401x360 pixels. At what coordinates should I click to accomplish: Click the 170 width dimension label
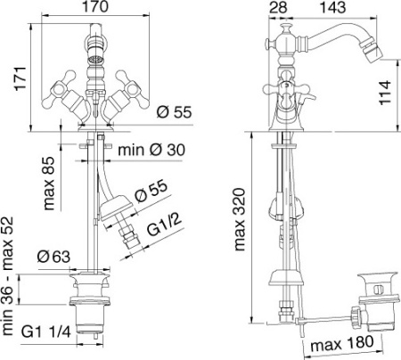pyautogui.click(x=95, y=6)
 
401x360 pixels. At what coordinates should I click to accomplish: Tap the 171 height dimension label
pyautogui.click(x=21, y=78)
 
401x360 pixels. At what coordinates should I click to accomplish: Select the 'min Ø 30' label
pyautogui.click(x=151, y=150)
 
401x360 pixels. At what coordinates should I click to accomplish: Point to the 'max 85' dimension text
pyautogui.click(x=49, y=184)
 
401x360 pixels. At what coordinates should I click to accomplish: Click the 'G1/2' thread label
pyautogui.click(x=164, y=225)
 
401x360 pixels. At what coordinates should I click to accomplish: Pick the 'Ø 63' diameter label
pyautogui.click(x=53, y=257)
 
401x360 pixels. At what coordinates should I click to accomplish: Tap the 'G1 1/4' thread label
pyautogui.click(x=46, y=331)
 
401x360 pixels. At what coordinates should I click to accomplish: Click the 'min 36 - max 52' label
pyautogui.click(x=7, y=276)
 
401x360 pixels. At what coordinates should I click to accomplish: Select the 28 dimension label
pyautogui.click(x=278, y=7)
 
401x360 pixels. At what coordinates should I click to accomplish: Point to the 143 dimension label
pyautogui.click(x=332, y=7)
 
